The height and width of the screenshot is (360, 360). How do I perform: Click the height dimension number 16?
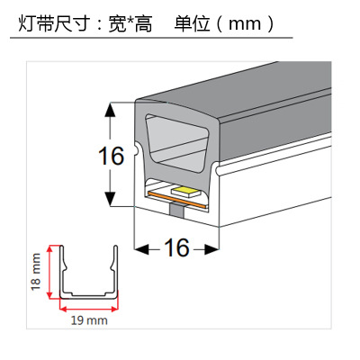click(x=111, y=156)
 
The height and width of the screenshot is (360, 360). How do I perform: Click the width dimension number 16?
click(x=176, y=247)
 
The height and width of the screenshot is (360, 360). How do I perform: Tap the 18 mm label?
click(x=36, y=272)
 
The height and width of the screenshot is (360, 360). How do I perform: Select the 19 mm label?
click(x=89, y=320)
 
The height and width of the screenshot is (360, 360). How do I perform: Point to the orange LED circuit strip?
click(x=176, y=200)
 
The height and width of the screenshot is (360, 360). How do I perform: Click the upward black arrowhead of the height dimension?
click(x=111, y=110)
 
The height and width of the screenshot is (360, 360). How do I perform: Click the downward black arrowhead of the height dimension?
click(x=111, y=199)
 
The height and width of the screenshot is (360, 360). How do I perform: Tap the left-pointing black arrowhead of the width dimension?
click(x=141, y=249)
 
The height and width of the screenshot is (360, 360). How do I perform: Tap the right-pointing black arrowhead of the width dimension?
click(x=211, y=249)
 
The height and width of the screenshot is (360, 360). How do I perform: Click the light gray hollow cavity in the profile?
click(x=176, y=143)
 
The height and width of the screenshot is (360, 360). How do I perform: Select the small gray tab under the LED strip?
click(x=176, y=210)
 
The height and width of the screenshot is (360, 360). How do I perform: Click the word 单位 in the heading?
click(x=192, y=23)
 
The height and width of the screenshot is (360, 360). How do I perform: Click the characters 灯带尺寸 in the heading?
click(x=54, y=23)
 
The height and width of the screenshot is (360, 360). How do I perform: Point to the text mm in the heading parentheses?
click(x=245, y=24)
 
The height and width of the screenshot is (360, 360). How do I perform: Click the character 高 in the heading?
click(x=144, y=23)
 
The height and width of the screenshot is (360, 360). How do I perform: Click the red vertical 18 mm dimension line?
click(x=50, y=272)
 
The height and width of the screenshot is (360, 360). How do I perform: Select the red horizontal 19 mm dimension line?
click(x=89, y=308)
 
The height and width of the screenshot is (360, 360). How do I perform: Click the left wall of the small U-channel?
click(x=62, y=270)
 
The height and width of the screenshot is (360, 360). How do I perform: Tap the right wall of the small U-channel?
click(x=115, y=270)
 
